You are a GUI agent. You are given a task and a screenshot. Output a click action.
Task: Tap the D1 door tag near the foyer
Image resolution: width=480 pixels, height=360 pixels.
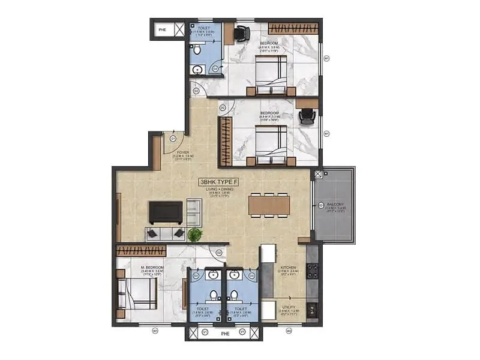(x=172, y=138)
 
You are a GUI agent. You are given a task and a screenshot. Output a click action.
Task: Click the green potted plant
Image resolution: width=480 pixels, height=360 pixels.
(x=194, y=235)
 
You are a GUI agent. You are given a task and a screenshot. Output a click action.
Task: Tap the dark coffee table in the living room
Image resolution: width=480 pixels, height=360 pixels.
(x=166, y=212)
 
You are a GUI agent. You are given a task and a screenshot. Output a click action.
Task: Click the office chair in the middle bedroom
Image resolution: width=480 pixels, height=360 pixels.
(x=307, y=118)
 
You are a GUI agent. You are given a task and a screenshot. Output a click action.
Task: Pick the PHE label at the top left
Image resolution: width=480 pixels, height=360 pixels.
(x=161, y=29)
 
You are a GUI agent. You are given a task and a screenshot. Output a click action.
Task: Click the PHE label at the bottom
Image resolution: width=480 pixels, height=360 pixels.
(x=224, y=333)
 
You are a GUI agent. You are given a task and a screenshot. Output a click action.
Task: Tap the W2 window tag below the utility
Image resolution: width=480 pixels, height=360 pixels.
(x=289, y=330)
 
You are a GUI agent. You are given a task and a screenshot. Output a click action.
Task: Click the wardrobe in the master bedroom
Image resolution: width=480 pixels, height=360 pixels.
(x=141, y=250)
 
